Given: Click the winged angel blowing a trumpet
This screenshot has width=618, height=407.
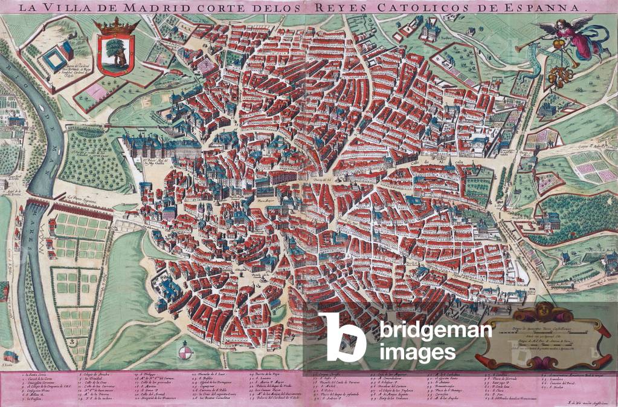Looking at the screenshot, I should [x=571, y=37].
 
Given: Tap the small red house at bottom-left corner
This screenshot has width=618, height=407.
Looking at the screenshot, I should [x=10, y=357].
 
